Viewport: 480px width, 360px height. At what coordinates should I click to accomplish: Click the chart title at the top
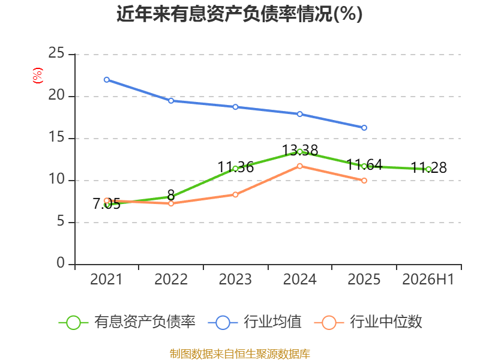tap(239, 14)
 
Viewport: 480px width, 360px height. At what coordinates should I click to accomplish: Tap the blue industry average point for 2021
tap(107, 80)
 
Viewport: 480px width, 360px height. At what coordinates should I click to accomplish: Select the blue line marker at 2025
tap(364, 128)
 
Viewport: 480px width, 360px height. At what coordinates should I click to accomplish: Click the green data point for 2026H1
tap(428, 169)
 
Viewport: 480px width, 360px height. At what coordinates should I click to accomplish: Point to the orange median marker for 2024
tap(299, 166)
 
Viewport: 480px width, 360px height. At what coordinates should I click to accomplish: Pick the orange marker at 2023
tap(235, 194)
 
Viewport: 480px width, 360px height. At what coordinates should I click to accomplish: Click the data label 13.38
tap(299, 151)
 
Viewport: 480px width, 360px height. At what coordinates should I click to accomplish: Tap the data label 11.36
tap(235, 167)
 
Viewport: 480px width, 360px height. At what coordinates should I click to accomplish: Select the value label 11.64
tap(364, 164)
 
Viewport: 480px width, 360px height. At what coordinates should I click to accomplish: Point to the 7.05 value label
tap(107, 204)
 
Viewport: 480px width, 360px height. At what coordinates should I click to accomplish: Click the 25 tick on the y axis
tap(56, 53)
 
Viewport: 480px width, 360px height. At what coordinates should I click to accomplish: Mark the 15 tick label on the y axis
tap(56, 137)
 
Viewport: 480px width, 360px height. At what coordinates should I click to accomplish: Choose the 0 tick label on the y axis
tap(61, 263)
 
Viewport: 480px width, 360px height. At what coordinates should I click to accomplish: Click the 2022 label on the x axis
tap(171, 280)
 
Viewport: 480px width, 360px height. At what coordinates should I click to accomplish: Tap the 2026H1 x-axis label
tap(428, 280)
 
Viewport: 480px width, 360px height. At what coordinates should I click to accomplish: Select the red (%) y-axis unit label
tap(38, 76)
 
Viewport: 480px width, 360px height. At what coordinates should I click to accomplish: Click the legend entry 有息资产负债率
tap(127, 322)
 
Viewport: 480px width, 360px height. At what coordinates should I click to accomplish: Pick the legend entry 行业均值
tap(254, 322)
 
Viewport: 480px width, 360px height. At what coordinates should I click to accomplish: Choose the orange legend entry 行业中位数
tap(368, 322)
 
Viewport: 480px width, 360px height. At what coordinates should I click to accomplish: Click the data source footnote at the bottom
tap(240, 353)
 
